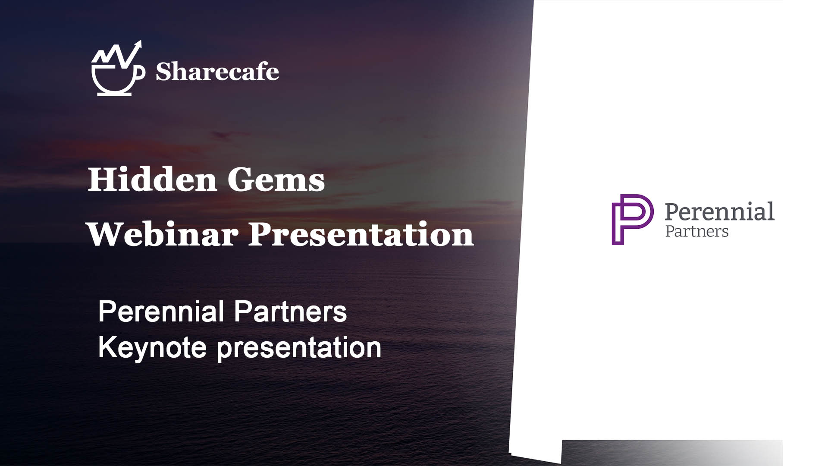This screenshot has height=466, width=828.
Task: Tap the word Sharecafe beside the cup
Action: (217, 71)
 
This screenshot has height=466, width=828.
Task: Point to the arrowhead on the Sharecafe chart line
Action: (138, 44)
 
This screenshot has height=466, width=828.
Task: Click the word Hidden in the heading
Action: (152, 179)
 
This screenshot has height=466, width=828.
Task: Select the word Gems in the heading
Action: (276, 179)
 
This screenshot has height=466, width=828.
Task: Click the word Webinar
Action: (162, 234)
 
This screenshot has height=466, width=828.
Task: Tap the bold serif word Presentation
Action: (361, 234)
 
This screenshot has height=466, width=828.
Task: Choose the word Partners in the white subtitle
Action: (291, 311)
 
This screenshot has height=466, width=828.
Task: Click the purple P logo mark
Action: (632, 220)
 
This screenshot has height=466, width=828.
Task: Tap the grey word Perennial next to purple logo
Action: (719, 211)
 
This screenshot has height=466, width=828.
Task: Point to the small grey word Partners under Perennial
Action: (697, 231)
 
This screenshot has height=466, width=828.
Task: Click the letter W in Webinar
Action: (106, 234)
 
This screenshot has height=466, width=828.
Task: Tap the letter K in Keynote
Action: (107, 347)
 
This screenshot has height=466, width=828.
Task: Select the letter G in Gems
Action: (241, 179)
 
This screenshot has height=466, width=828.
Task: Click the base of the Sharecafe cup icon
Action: (114, 94)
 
